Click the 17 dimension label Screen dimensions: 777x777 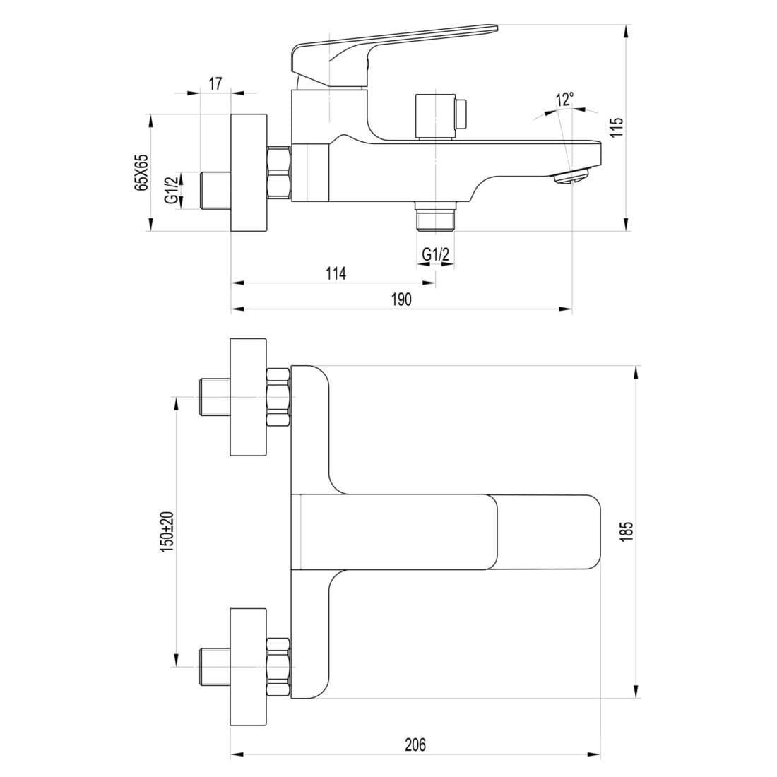(x=215, y=84)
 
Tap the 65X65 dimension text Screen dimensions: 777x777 (x=142, y=172)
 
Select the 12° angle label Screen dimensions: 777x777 (x=564, y=99)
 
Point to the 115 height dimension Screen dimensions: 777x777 (x=615, y=127)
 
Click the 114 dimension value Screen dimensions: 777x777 (x=336, y=273)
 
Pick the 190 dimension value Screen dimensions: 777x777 (x=401, y=299)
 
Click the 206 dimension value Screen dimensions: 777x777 (x=415, y=745)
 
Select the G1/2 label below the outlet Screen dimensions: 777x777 (x=436, y=254)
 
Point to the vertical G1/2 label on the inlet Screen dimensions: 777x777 (x=172, y=191)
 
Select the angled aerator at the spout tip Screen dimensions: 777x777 (x=571, y=177)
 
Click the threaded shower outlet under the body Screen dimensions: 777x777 (x=435, y=216)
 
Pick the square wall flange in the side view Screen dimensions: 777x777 (x=249, y=173)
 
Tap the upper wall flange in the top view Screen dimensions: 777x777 (x=249, y=397)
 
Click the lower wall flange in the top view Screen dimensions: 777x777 (x=249, y=667)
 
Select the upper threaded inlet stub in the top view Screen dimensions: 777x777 (x=215, y=397)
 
